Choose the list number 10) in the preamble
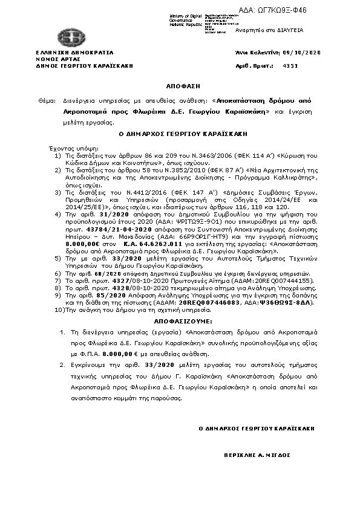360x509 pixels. point(59,310)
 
